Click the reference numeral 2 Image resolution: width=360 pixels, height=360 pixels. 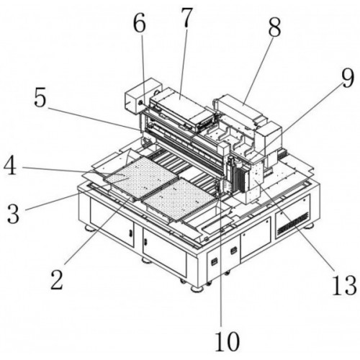pos(57,279)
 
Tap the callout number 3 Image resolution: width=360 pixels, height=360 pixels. pos(13,213)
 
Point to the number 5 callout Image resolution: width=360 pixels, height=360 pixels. pos(40,96)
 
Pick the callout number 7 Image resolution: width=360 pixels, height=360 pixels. pos(186,17)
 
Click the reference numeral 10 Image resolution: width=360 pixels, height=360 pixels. pos(227,341)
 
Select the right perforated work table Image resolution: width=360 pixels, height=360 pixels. pos(179,199)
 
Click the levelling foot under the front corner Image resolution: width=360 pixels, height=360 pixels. pos(198,288)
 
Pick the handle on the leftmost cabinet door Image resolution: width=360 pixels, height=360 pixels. pos(130,233)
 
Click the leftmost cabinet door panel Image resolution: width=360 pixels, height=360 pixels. pos(112,222)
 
